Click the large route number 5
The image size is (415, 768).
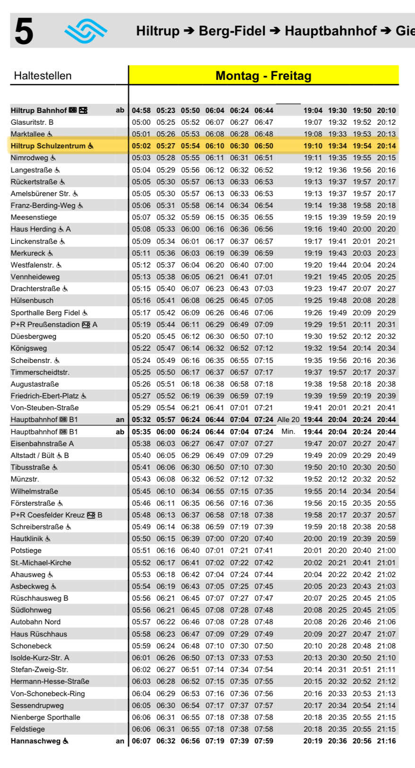pos(24,32)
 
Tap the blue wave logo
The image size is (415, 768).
pos(86,31)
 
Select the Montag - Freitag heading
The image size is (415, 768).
pos(263,76)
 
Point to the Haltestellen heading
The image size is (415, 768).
pos(43,76)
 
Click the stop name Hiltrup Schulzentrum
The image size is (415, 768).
pos(48,146)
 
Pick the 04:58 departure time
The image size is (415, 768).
pos(141,111)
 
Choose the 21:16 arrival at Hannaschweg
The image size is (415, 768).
pos(386,741)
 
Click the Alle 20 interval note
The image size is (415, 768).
pos(288,420)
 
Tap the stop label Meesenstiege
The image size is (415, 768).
pos(34,217)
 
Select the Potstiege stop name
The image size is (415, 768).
pos(26,551)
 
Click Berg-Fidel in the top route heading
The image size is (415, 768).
pos(232,31)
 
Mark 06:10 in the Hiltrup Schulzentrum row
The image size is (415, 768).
pos(215,146)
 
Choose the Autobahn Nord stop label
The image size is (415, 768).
pos(35,622)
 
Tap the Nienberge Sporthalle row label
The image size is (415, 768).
pos(45,717)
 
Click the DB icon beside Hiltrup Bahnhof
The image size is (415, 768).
pos(73,111)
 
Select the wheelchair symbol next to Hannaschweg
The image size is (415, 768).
pos(66,741)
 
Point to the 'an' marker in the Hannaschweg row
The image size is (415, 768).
pos(120,741)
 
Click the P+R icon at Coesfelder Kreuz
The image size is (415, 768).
pos(91,515)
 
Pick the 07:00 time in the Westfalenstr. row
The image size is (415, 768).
pos(264,265)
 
